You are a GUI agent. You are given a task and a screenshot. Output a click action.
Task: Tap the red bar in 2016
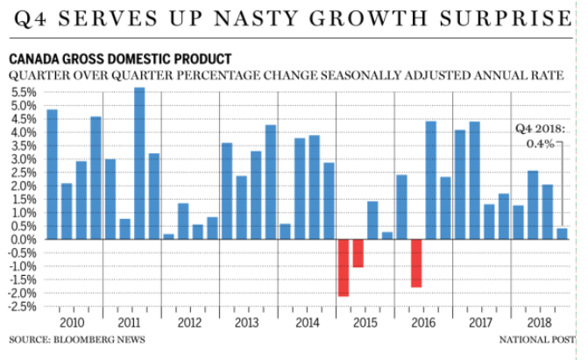(416, 263)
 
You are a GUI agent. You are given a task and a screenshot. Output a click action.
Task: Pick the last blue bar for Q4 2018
(562, 234)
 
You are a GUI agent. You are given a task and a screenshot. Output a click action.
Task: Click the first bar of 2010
(52, 174)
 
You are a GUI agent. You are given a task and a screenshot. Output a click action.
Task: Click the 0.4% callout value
(541, 143)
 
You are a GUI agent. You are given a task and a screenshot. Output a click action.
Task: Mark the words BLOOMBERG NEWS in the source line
(101, 339)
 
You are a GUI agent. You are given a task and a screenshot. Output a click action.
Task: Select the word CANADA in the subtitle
(34, 59)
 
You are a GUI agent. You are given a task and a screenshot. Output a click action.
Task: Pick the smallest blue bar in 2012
(168, 236)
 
